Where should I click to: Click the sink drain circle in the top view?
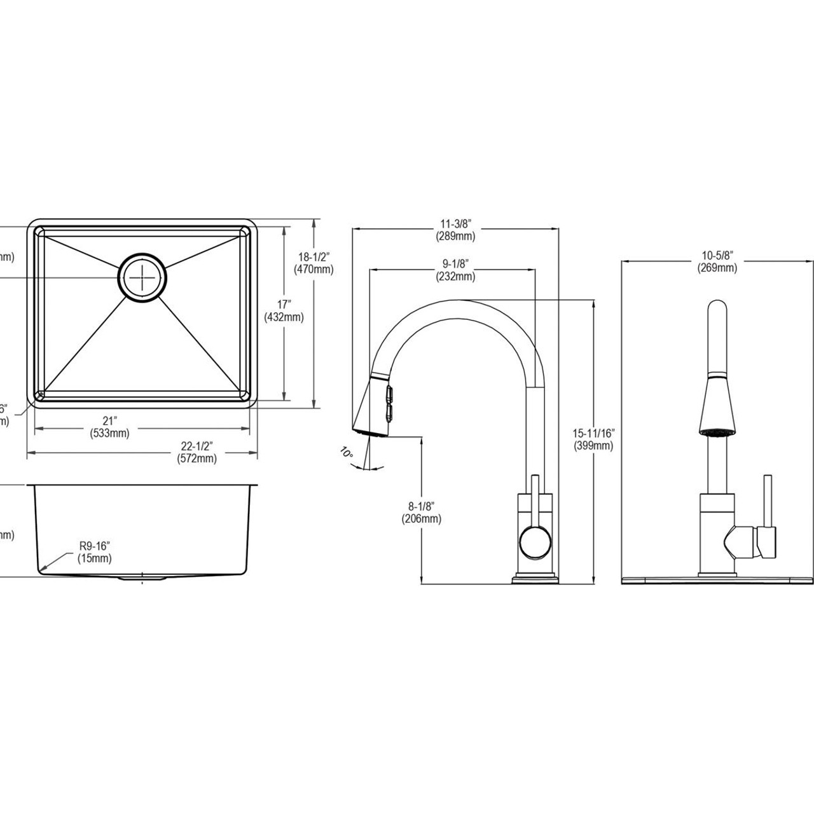(143, 277)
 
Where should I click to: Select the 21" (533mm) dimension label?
(110, 427)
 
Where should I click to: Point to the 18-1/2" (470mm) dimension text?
(314, 263)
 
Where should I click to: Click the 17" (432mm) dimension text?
(282, 310)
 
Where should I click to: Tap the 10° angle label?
(346, 453)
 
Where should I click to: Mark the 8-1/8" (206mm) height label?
(421, 513)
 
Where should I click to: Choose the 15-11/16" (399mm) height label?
(593, 439)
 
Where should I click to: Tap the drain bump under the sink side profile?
(142, 579)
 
